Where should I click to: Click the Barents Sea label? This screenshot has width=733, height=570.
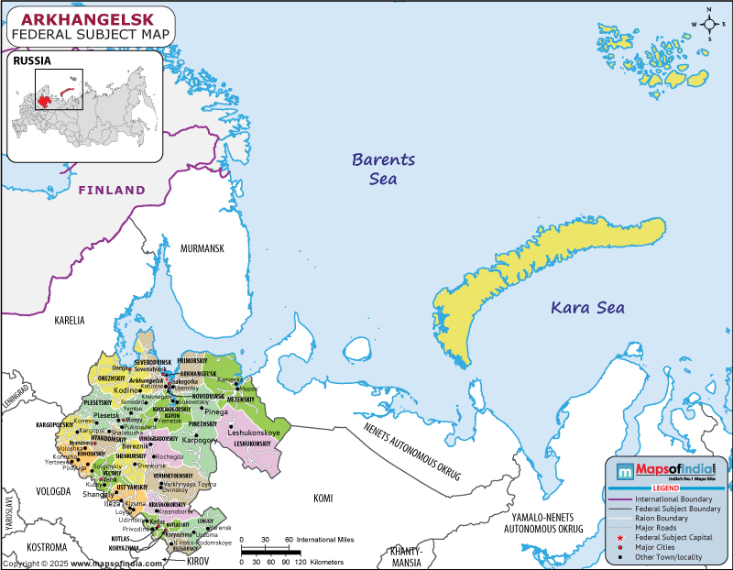click(x=384, y=169)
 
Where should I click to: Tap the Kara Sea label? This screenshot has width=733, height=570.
click(x=587, y=308)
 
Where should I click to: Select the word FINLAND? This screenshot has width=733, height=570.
click(x=111, y=190)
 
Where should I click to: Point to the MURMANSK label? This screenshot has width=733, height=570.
click(x=202, y=248)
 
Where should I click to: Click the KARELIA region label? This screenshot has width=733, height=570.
click(x=69, y=321)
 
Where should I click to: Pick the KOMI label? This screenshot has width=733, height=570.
click(x=323, y=499)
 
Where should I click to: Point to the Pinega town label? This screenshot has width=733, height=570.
click(x=216, y=411)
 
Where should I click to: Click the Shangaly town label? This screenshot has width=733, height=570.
click(x=98, y=494)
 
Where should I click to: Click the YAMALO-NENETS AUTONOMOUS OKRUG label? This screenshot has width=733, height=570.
click(x=544, y=523)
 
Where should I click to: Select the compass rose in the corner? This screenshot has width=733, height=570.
click(x=706, y=23)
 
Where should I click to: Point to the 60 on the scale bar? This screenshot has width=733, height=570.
click(x=289, y=539)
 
